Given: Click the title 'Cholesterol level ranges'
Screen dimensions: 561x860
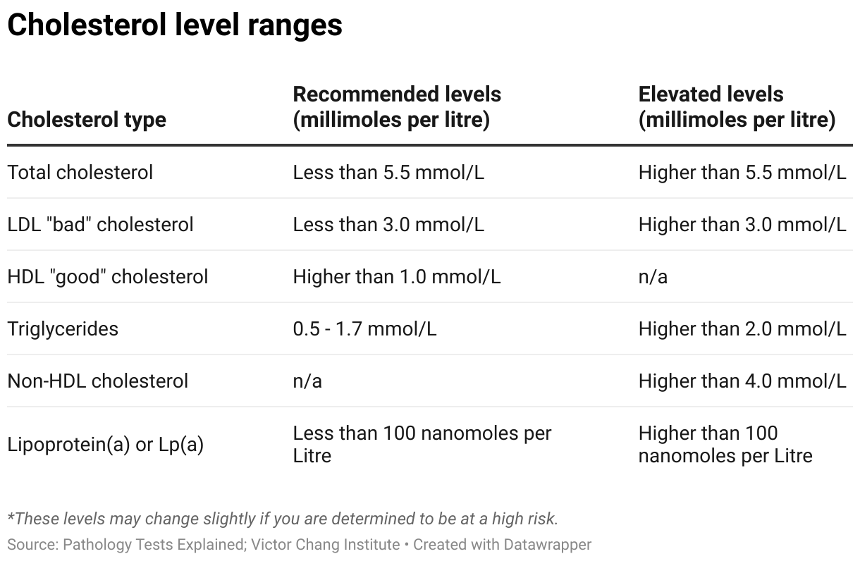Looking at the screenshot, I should click(175, 25).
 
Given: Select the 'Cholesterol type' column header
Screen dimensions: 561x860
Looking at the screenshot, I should click(87, 119).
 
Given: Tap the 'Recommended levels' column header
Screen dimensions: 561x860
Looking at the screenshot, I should click(397, 106).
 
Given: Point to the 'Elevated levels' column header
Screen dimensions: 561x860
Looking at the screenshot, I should click(737, 106).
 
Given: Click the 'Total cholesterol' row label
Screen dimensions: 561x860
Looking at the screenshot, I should click(80, 172).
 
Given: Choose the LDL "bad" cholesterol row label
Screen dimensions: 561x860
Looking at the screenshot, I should click(100, 224).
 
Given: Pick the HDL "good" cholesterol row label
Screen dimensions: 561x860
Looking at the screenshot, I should click(108, 276).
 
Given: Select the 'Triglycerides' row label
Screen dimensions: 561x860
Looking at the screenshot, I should click(63, 328).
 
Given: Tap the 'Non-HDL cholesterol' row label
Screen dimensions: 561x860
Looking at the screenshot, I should click(98, 381).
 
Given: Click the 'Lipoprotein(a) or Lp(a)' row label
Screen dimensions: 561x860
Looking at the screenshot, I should click(106, 445).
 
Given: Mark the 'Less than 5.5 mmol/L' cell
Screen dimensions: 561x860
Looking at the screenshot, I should click(388, 172).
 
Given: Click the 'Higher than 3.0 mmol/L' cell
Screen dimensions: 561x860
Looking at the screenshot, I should click(742, 224).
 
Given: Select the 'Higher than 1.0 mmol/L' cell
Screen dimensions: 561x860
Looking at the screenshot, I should click(397, 276).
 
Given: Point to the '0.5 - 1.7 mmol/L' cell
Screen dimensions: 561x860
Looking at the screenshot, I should click(364, 328).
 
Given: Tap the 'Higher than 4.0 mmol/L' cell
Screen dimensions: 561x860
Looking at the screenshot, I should click(742, 381).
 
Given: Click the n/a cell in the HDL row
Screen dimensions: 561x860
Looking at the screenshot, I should click(653, 276).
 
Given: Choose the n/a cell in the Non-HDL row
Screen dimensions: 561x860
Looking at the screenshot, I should click(307, 381).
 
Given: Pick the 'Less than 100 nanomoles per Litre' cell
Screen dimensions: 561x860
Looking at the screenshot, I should click(422, 444).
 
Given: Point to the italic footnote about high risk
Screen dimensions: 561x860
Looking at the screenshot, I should click(283, 519).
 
